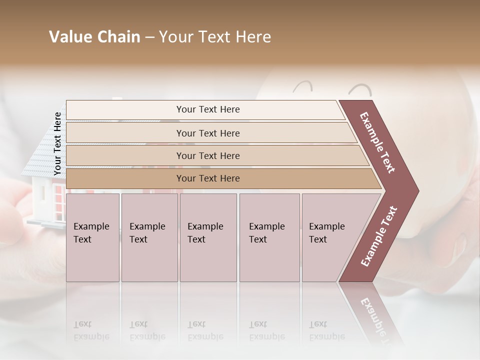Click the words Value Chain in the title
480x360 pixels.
point(94,37)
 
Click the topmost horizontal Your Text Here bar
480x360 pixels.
point(207,109)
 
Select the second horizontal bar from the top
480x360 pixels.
point(208,133)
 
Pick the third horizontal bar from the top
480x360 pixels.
point(208,155)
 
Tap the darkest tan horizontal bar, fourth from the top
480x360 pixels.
point(208,178)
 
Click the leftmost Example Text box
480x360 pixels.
point(92,237)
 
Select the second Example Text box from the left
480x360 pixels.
point(149,237)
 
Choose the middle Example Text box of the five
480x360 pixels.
point(208,237)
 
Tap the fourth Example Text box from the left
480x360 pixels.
point(269,237)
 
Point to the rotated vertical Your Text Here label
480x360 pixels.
point(57,143)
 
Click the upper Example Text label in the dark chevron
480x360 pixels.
point(377,142)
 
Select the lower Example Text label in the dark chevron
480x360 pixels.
point(379,236)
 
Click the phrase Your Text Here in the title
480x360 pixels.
point(214,37)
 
